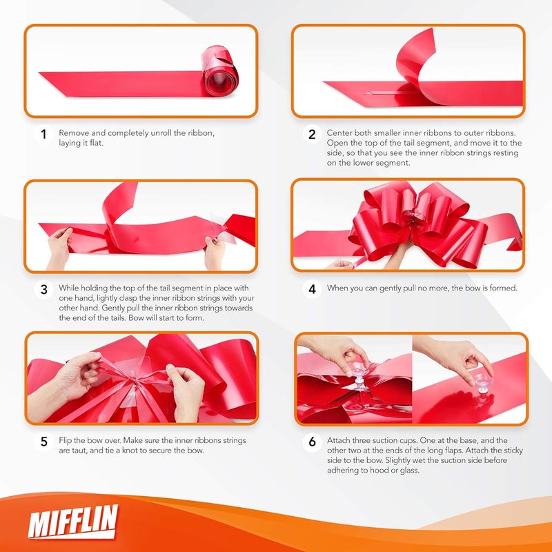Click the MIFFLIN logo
pyautogui.click(x=73, y=522)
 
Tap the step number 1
pyautogui.click(x=43, y=134)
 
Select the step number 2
pyautogui.click(x=312, y=134)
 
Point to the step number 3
pyautogui.click(x=43, y=289)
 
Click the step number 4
pyautogui.click(x=312, y=289)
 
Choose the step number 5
pyautogui.click(x=43, y=442)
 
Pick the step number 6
pyautogui.click(x=312, y=442)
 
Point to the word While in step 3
pyautogui.click(x=69, y=288)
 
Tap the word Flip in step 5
pyautogui.click(x=65, y=440)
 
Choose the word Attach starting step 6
pyautogui.click(x=339, y=440)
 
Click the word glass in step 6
pyautogui.click(x=408, y=471)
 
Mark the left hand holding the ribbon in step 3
pyautogui.click(x=59, y=248)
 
